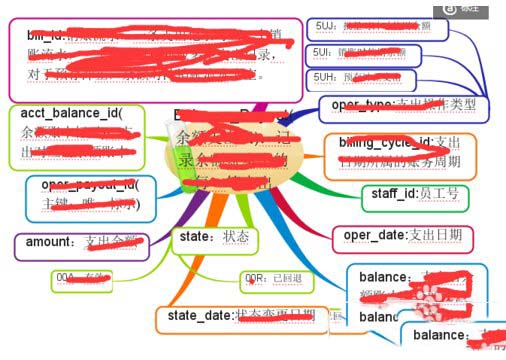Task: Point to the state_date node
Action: tap(239, 317)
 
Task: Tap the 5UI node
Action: tap(364, 54)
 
